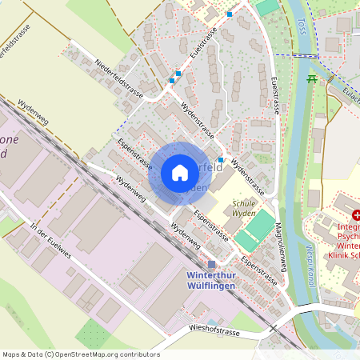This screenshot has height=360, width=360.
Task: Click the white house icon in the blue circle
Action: (x=180, y=173)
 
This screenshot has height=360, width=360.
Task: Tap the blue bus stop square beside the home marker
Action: (x=221, y=160)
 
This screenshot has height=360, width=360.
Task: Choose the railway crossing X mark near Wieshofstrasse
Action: (x=272, y=328)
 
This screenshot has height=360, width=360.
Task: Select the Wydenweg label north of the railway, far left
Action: (x=32, y=114)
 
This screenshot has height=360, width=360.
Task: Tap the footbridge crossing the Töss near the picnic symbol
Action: (x=303, y=55)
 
